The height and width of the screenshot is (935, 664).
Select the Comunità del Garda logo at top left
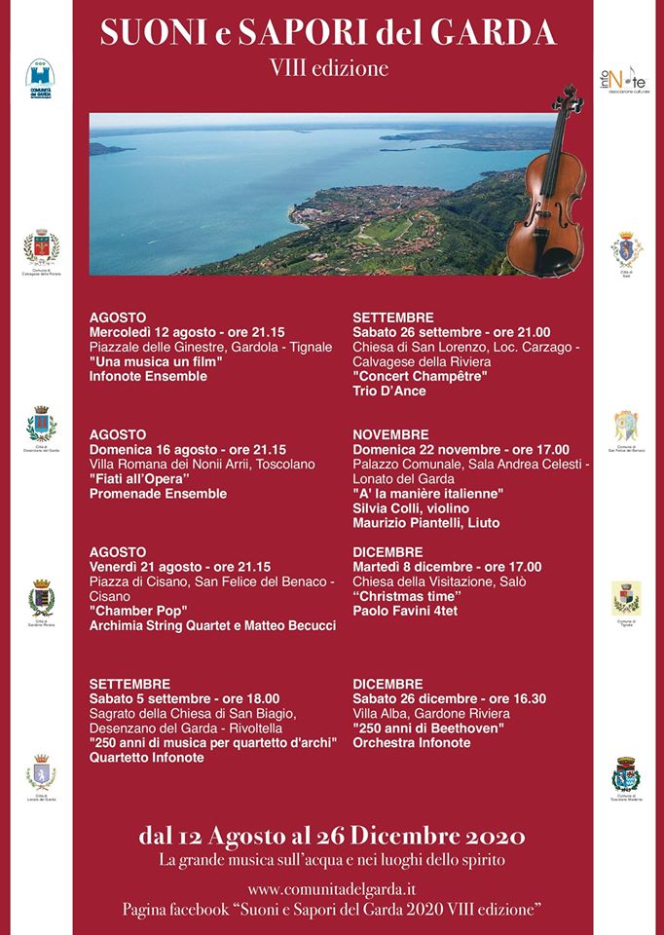(x=41, y=79)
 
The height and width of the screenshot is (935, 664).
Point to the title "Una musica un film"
(x=156, y=361)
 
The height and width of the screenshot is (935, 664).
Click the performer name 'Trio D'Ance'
(x=389, y=391)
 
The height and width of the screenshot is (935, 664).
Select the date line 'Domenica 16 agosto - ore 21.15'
(x=187, y=449)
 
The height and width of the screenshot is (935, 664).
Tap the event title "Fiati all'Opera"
(x=138, y=479)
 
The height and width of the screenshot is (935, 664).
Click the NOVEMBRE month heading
(x=390, y=433)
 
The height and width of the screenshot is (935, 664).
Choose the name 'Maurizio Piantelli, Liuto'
(x=425, y=523)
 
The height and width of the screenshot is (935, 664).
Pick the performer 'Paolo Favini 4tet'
(x=405, y=611)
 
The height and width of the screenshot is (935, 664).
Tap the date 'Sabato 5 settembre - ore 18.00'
(x=184, y=698)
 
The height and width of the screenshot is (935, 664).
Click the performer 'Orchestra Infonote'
(x=411, y=742)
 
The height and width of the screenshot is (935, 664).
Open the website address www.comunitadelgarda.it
(x=332, y=888)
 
